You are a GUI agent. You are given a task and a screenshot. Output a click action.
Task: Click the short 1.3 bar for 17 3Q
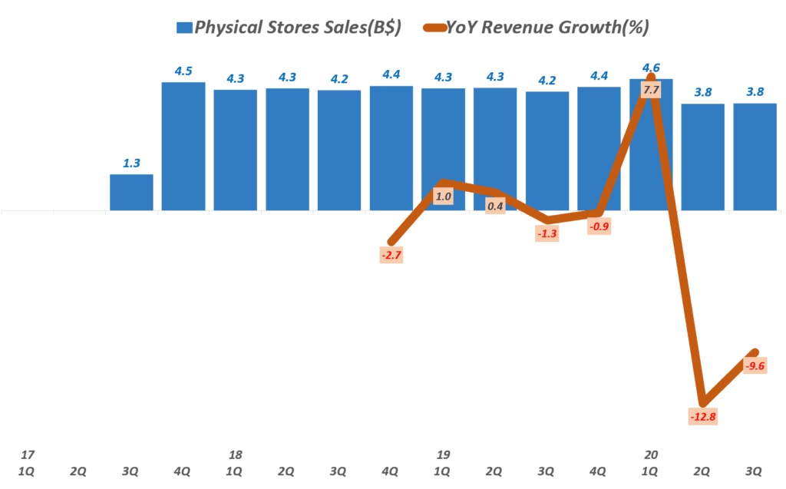pos(131,192)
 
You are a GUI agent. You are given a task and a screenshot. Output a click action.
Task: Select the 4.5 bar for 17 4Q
pos(183,146)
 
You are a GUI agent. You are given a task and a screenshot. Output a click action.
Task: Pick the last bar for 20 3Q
pos(755,157)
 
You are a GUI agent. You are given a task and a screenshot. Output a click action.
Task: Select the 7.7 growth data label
pos(651,90)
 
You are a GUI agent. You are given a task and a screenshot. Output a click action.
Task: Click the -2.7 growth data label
pos(390,254)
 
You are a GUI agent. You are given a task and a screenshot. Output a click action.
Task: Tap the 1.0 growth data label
pos(443,197)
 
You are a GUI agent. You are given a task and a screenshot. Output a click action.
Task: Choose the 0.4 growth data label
pos(495,205)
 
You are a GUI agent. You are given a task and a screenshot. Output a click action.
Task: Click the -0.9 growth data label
pos(599,226)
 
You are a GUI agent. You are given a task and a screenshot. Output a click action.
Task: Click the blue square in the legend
pos(184,28)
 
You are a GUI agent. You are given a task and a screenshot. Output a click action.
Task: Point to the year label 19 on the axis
pos(443,454)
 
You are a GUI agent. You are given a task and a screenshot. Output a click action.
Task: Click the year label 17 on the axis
pos(29,454)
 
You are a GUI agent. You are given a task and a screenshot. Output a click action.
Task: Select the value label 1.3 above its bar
pos(131,163)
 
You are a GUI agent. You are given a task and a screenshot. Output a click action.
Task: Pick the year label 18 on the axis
pos(236,454)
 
